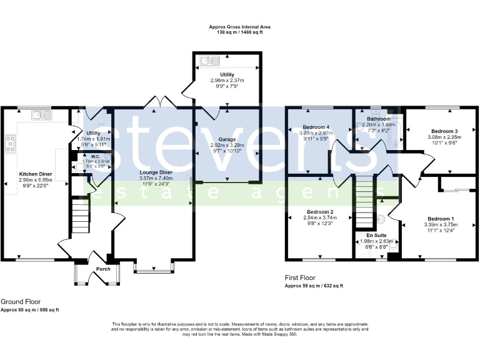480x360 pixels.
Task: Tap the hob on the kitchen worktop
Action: click(10, 144)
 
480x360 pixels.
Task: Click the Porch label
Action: click(102, 269)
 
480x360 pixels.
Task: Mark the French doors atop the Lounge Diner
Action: click(154, 102)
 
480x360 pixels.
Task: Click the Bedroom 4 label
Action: click(315, 127)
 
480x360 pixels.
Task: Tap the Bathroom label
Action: click(379, 119)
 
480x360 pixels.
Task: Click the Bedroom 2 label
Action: click(319, 212)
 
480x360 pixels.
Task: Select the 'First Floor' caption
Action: click(300, 277)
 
